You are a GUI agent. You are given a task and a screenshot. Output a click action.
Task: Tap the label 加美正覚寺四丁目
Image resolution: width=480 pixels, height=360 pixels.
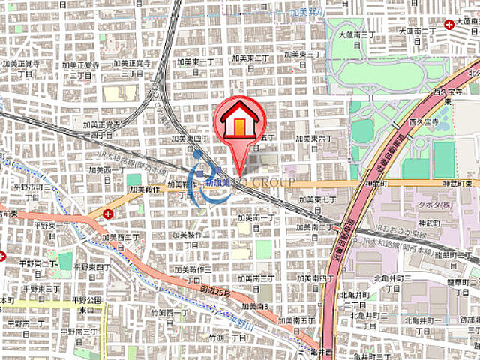coord(101,130)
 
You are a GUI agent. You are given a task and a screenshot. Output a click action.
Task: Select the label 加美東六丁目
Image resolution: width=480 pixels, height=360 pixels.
coord(313,139)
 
